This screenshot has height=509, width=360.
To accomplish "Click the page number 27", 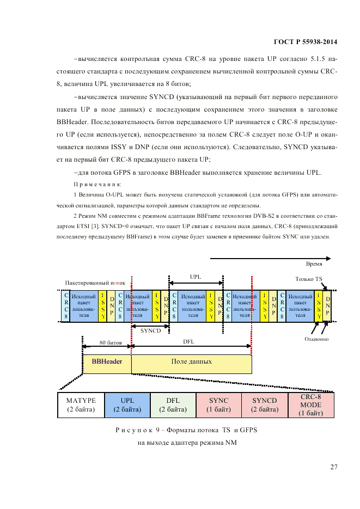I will pyautogui.click(x=333, y=467).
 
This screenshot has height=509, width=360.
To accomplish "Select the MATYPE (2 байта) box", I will pyautogui.click(x=81, y=405).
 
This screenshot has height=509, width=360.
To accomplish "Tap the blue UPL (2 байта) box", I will pyautogui.click(x=127, y=405).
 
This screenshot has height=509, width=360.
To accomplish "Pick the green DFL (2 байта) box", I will pyautogui.click(x=173, y=405).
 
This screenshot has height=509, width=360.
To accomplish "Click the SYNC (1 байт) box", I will pyautogui.click(x=218, y=405).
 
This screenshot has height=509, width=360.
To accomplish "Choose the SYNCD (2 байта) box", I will pyautogui.click(x=265, y=405).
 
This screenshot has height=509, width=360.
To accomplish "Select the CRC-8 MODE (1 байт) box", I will pyautogui.click(x=310, y=405).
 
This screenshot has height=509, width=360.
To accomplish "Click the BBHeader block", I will pyautogui.click(x=107, y=361).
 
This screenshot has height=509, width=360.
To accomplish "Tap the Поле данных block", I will pyautogui.click(x=191, y=361).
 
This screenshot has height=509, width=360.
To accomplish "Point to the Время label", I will pyautogui.click(x=314, y=263).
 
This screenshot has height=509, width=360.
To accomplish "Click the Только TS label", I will pyautogui.click(x=308, y=279).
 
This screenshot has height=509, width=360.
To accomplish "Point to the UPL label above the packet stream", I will pyautogui.click(x=195, y=277).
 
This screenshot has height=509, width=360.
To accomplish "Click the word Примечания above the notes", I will pyautogui.click(x=89, y=185).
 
